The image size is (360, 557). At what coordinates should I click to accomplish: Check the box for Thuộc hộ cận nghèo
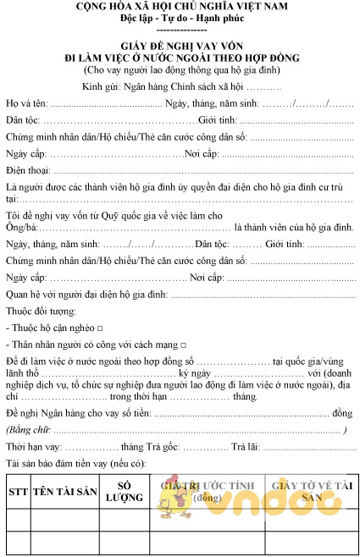[x=100, y=327]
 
